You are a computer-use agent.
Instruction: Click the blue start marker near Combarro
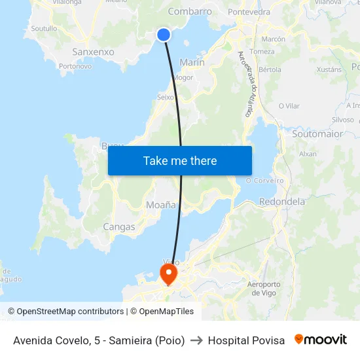164,35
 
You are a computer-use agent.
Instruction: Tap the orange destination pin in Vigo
169,271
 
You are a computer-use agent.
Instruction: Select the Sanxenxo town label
93,52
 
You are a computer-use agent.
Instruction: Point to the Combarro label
190,12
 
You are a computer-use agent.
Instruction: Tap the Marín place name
192,62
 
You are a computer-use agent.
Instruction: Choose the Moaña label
161,205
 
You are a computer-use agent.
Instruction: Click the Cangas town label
119,227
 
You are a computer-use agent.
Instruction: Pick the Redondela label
282,202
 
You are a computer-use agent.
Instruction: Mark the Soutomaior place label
317,134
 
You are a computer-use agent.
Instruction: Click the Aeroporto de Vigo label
264,288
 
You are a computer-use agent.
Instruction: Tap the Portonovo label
75,66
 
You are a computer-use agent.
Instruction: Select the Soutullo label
44,29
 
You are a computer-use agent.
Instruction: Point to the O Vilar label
289,106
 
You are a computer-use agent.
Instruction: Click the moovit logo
321,340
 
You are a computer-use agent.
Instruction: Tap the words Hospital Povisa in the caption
246,340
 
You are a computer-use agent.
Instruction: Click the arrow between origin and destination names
196,340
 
